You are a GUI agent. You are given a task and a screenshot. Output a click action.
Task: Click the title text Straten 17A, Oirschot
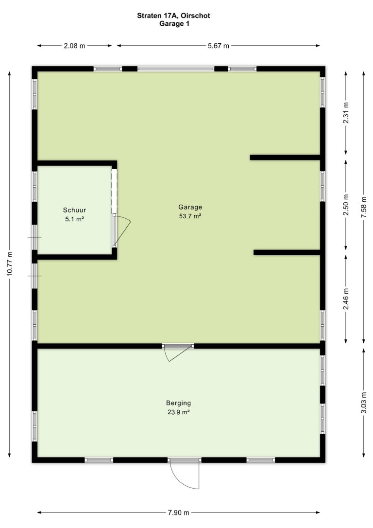click(173, 16)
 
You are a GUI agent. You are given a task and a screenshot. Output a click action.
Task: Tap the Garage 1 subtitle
click(174, 23)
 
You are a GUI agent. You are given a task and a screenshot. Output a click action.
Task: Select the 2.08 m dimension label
click(75, 46)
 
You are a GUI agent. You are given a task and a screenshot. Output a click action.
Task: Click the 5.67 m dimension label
click(218, 46)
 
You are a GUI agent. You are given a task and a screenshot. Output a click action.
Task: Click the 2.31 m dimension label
click(346, 112)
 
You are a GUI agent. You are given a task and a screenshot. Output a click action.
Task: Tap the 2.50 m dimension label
click(346, 205)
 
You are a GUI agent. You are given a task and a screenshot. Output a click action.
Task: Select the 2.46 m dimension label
click(346, 299)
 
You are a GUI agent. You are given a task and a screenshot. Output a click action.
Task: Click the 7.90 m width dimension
click(179, 513)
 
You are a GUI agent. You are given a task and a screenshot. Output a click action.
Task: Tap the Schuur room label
click(74, 210)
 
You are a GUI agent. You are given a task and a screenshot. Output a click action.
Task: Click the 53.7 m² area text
click(190, 216)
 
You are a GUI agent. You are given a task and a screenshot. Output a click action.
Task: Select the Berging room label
click(178, 403)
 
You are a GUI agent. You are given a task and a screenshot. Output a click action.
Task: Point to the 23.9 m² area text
click(179, 412)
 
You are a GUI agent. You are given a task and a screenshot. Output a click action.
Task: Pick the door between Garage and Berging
click(178, 352)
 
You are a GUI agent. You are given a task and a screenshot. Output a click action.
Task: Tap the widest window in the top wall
click(175, 69)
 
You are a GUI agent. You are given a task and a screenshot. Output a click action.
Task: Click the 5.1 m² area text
click(74, 219)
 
